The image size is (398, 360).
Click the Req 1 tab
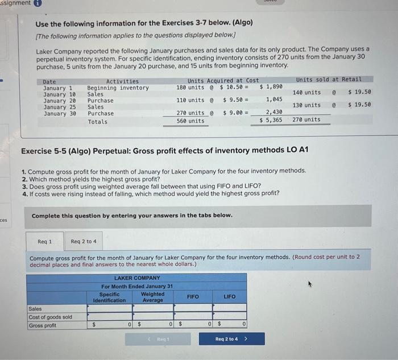tap(44, 242)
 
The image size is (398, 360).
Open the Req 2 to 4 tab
tap(83, 242)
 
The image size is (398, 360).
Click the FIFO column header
tap(193, 296)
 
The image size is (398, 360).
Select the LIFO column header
tap(229, 296)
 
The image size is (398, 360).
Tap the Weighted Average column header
tap(152, 297)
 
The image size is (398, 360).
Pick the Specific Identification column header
tap(109, 297)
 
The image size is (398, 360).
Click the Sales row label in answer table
tap(35, 308)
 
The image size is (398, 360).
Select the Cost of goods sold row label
tap(50, 316)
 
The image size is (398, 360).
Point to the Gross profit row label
tap(42, 325)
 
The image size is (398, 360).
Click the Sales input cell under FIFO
tap(193, 308)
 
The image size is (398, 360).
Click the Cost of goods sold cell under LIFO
tap(229, 316)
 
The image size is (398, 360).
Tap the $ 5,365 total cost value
tap(270, 120)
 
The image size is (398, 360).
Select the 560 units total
tap(191, 121)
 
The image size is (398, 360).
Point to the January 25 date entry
tap(59, 106)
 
